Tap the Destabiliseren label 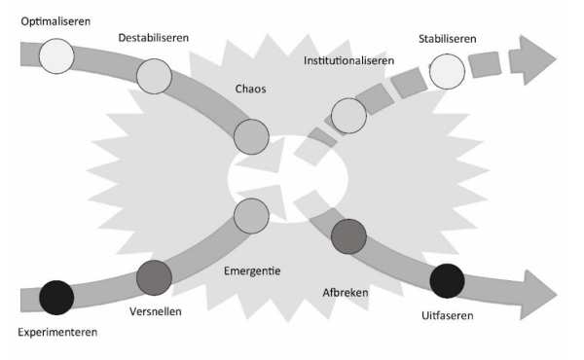pos(153,38)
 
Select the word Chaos pos(250,89)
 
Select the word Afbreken pos(347,290)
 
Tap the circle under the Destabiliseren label pos(155,74)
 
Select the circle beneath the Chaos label pos(251,135)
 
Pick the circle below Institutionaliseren pos(349,116)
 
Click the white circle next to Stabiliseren pos(447,70)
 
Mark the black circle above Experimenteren pos(56,295)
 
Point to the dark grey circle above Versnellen pos(154,278)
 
